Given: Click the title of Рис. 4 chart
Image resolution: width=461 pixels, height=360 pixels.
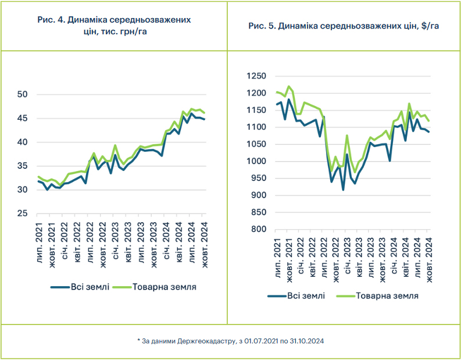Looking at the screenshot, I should pos(114,26).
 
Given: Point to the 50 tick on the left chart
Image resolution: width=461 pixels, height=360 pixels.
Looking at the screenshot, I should pos(23,95).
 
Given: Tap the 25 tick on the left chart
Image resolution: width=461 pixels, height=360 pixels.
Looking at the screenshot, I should pos(23,214).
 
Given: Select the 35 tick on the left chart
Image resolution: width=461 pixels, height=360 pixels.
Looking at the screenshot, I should pos(23,166).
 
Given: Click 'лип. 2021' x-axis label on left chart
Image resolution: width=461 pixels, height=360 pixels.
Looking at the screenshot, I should pos(38,240).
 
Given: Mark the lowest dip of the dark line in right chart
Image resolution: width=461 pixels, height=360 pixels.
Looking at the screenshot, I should pos(343,190).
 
